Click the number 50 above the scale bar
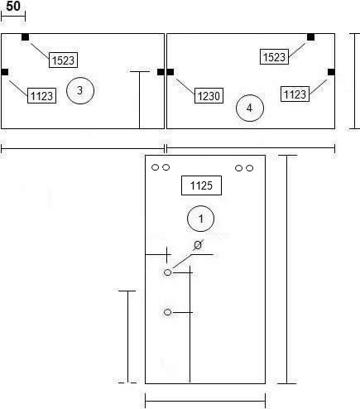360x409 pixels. (x=13, y=6)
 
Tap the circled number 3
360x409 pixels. (x=80, y=90)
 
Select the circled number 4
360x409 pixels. (x=250, y=108)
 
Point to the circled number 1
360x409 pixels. (x=200, y=219)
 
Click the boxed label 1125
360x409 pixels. (x=201, y=185)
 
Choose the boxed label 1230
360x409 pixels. (x=209, y=96)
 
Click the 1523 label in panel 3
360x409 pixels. (x=63, y=60)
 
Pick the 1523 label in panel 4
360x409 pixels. (x=274, y=57)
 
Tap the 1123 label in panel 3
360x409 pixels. (x=41, y=96)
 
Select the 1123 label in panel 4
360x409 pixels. (x=295, y=94)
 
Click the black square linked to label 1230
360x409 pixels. (x=170, y=72)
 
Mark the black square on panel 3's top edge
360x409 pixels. (x=25, y=37)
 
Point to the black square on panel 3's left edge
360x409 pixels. (x=5, y=72)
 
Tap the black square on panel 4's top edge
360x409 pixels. (x=310, y=37)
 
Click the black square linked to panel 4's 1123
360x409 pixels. (x=331, y=72)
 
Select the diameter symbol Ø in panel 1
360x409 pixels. (x=198, y=245)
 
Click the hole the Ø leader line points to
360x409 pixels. (x=167, y=272)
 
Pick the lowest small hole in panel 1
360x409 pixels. (x=167, y=312)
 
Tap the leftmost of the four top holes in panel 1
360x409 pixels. (x=156, y=167)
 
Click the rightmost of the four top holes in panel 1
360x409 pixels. (x=249, y=168)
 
